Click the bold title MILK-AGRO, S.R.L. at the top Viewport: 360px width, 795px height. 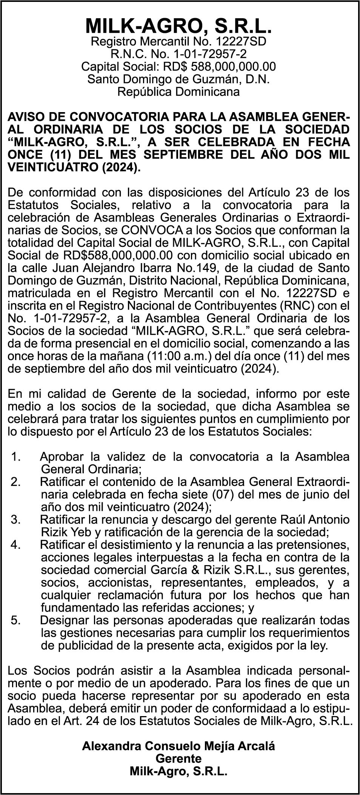178,26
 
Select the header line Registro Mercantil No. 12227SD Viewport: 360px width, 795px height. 178,42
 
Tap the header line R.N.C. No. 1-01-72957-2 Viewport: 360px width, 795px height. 178,54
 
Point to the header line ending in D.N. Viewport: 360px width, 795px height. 178,79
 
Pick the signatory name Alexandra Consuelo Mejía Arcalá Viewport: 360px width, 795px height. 178,746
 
